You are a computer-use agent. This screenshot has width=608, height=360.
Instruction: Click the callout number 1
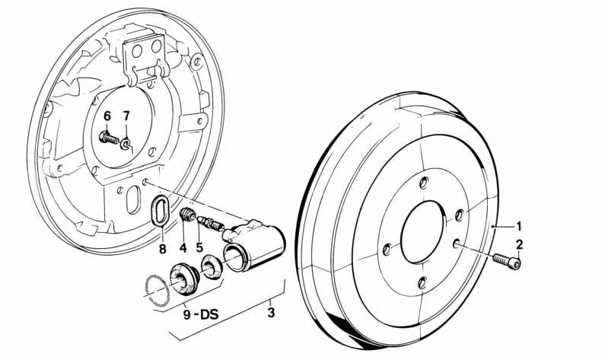(519, 226)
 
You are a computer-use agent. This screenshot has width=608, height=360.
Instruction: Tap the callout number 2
(520, 244)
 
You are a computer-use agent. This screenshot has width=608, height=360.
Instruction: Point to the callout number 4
(183, 247)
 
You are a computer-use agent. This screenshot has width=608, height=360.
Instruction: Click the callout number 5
(199, 247)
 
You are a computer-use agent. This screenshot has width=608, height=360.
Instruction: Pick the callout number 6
(107, 116)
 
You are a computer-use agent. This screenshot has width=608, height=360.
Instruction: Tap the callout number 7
(126, 116)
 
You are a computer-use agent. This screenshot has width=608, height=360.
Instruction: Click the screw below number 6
(109, 139)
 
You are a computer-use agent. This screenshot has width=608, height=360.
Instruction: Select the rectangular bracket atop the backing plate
(145, 53)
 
